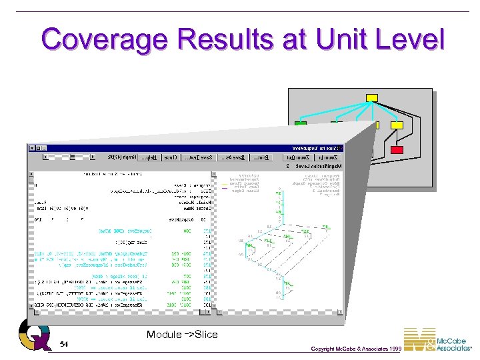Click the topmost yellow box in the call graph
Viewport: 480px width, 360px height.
[372, 98]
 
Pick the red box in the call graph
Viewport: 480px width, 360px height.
[397, 150]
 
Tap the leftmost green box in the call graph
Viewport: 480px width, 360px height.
[301, 125]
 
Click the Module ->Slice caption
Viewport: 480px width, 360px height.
[182, 334]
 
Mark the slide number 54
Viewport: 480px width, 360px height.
[64, 344]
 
